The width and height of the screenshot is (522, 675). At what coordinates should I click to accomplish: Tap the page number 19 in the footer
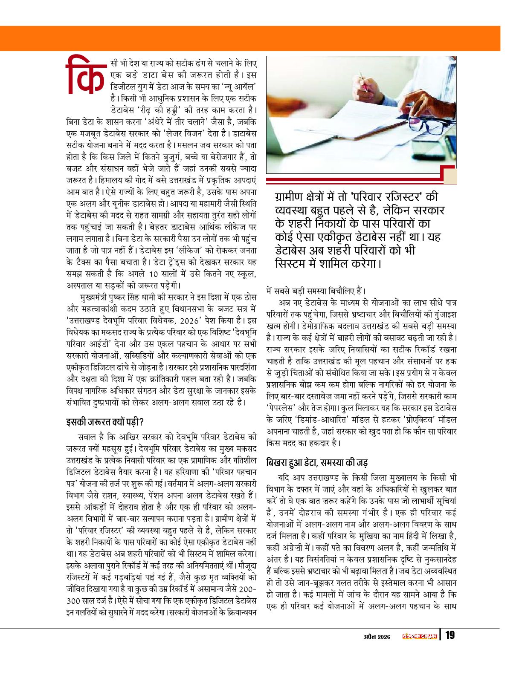[x=449, y=635]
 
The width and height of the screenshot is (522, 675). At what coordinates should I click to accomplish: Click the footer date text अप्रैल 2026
[x=377, y=637]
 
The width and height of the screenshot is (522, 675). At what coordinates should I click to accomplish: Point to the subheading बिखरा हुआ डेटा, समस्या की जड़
[x=317, y=463]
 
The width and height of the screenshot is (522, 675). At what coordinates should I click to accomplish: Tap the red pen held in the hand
[x=363, y=81]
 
